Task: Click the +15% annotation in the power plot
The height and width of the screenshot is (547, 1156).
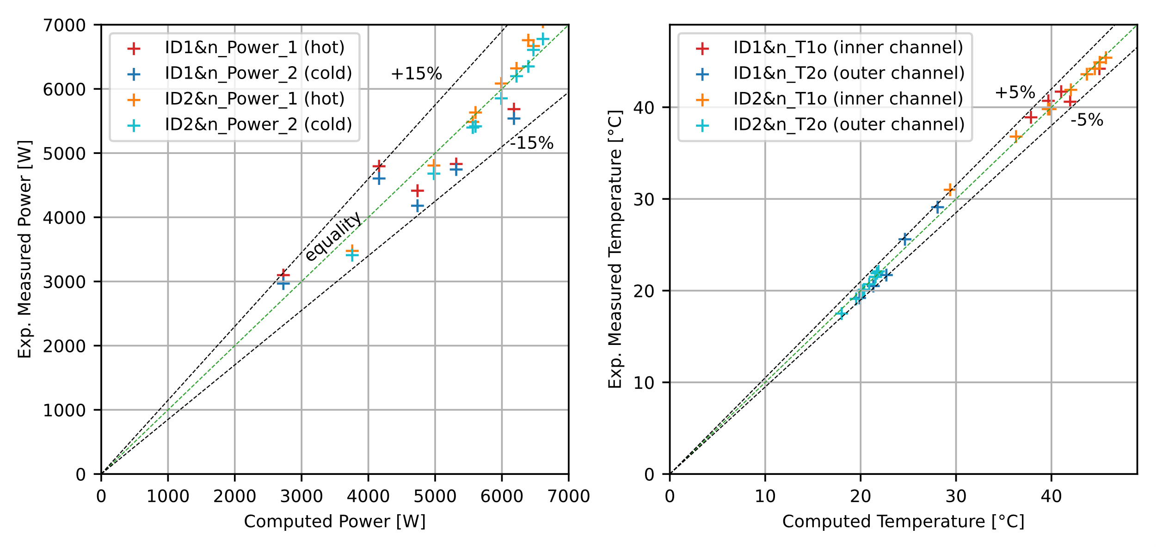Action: click(416, 74)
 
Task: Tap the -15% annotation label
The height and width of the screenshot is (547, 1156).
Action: click(532, 143)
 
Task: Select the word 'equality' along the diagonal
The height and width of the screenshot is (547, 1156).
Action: click(333, 236)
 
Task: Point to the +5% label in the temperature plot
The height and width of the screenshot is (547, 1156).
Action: click(1015, 92)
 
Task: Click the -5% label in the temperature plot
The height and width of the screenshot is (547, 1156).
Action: click(1087, 120)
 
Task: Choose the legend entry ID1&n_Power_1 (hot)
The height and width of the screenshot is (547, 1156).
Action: click(254, 48)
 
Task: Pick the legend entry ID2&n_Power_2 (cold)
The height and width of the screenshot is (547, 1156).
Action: click(258, 124)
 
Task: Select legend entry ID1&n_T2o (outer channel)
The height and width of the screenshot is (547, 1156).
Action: click(849, 73)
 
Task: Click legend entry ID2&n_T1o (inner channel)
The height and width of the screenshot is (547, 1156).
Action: click(848, 99)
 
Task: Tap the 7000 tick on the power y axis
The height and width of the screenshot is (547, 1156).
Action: click(64, 25)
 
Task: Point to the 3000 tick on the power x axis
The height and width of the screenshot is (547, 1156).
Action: click(301, 497)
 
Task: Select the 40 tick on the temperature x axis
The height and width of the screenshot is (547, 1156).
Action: click(1051, 497)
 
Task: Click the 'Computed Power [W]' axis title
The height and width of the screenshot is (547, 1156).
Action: click(334, 522)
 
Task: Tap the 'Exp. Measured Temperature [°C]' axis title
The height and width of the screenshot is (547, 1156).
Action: click(615, 249)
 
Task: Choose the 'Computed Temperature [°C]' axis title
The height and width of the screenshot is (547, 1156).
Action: click(903, 522)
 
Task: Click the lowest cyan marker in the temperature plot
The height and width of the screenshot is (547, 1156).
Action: click(841, 314)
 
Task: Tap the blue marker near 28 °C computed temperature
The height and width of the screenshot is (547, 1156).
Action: click(937, 207)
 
